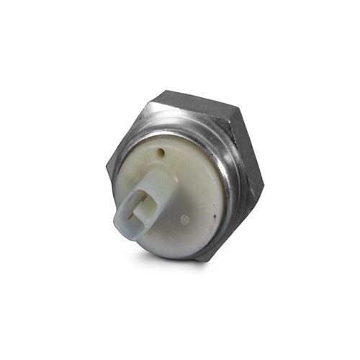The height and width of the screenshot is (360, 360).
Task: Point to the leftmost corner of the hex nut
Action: pos(106,167)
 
